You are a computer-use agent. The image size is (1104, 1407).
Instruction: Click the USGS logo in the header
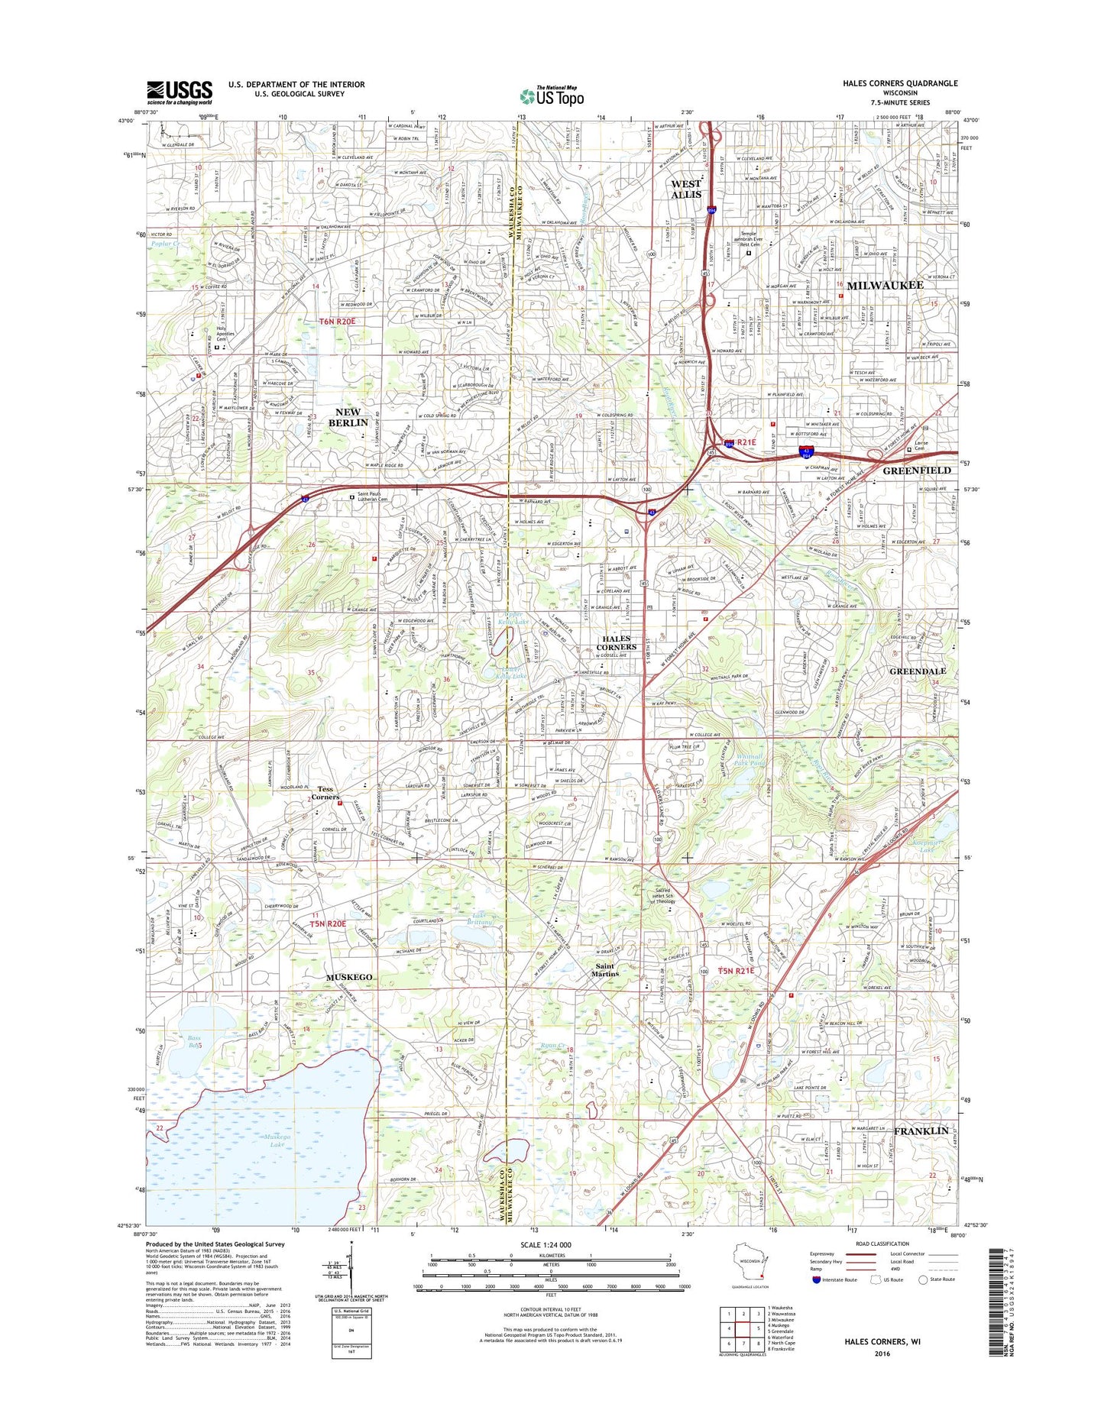click(x=180, y=92)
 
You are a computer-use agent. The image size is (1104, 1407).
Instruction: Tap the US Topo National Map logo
click(x=552, y=96)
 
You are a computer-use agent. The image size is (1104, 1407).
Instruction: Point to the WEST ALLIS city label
click(x=685, y=189)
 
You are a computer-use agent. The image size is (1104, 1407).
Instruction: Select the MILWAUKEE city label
click(x=885, y=285)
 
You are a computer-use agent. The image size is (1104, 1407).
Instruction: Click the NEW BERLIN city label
click(x=348, y=417)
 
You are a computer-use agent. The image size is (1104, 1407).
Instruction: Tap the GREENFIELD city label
click(x=916, y=471)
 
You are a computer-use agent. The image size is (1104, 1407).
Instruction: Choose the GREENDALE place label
click(x=917, y=671)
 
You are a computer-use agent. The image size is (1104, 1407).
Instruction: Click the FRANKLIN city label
click(x=921, y=1130)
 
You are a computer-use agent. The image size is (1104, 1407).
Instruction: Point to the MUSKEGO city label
click(x=349, y=977)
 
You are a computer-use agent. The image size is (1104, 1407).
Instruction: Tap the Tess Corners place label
click(x=325, y=793)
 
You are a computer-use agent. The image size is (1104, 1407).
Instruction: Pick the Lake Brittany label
click(x=479, y=919)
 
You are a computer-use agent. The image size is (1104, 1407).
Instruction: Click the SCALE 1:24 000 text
click(x=546, y=1245)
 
